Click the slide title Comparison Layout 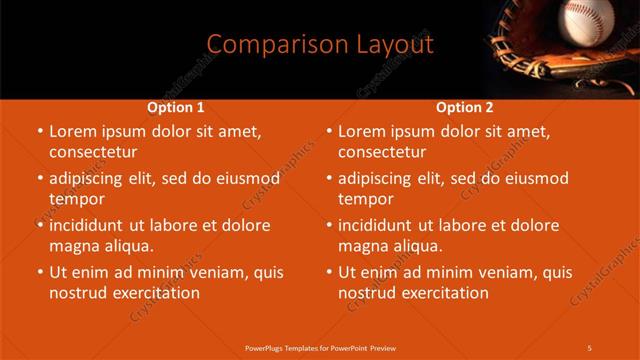tap(320, 44)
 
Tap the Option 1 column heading tap(176, 107)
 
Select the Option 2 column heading tap(465, 107)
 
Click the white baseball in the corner tap(588, 23)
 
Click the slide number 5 tap(590, 347)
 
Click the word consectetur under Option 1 tap(92, 152)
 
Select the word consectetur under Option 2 tap(382, 152)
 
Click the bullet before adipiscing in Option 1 tap(40, 178)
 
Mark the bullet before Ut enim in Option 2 tap(329, 272)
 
